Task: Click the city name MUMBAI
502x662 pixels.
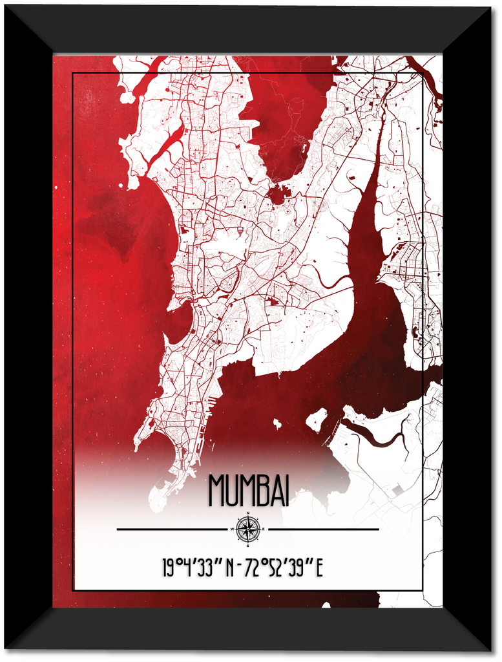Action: click(x=248, y=491)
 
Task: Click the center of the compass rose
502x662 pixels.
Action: click(x=247, y=529)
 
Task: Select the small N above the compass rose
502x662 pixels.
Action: click(x=247, y=514)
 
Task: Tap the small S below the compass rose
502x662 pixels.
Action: click(x=247, y=544)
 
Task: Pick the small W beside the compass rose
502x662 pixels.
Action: click(x=232, y=529)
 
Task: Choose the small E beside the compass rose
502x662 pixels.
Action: click(x=263, y=529)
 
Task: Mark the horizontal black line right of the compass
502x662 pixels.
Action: click(x=323, y=529)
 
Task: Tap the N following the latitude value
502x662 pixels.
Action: click(x=230, y=569)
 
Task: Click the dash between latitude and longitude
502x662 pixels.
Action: click(x=240, y=569)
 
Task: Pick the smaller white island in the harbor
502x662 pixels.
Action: click(x=277, y=423)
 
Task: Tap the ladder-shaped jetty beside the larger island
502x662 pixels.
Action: click(x=333, y=433)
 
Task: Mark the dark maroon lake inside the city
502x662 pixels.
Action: click(x=278, y=194)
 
